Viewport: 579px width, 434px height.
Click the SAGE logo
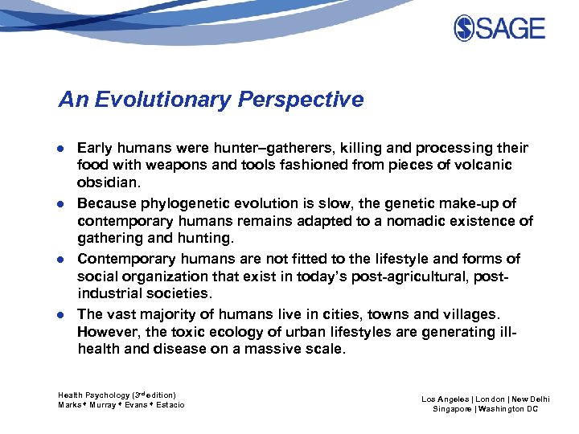click(499, 29)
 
